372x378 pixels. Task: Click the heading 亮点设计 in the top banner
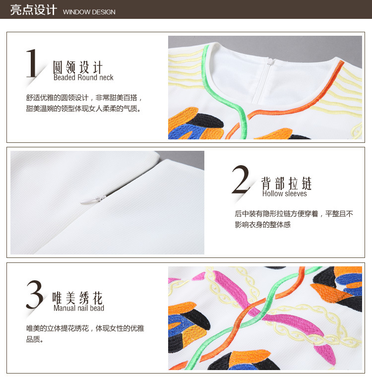coord(34,10)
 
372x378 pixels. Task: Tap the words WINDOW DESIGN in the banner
coord(89,12)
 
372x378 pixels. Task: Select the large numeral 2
coord(241,180)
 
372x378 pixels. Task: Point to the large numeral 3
coord(35,294)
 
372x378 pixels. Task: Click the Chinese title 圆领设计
coord(78,67)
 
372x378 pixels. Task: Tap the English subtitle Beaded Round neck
coord(83,77)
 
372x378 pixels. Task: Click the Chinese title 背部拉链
coord(287,184)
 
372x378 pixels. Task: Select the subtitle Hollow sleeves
coord(285,193)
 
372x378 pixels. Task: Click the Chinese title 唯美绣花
coord(77,298)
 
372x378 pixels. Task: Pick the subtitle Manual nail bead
coord(79,308)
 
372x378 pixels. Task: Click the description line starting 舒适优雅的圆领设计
coord(84,98)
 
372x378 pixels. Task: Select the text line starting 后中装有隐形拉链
coord(294,214)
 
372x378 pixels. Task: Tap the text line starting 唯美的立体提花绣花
coord(85,328)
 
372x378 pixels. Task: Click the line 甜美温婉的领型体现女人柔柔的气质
coord(83,109)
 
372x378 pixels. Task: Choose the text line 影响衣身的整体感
coord(262,224)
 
